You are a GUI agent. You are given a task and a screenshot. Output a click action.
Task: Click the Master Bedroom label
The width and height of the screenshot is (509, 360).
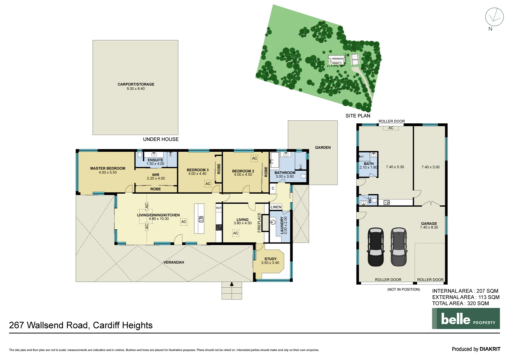108,168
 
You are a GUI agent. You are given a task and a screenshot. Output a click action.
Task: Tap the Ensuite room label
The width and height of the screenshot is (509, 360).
155,160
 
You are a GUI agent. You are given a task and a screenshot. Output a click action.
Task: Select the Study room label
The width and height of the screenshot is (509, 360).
270,259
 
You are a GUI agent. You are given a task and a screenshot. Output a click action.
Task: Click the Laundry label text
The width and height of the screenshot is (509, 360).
282,225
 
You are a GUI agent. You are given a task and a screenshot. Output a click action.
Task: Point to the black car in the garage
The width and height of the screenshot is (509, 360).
375,247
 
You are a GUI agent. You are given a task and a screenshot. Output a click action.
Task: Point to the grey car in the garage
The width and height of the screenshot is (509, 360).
398,247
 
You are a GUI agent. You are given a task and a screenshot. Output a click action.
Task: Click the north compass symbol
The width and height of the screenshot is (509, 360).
494,17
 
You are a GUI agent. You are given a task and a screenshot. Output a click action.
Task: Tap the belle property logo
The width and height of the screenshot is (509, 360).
466,319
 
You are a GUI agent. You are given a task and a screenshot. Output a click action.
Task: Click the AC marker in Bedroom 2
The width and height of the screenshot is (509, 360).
254,158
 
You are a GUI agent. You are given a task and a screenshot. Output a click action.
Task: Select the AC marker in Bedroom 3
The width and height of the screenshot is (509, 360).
208,184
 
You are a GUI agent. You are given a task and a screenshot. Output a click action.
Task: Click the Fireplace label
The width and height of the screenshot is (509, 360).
259,222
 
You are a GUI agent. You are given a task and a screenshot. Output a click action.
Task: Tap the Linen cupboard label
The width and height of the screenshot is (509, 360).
276,207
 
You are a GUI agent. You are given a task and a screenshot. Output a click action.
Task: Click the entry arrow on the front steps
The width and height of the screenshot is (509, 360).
232,284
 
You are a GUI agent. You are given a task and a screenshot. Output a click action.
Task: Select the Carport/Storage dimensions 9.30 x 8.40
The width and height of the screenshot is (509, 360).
136,89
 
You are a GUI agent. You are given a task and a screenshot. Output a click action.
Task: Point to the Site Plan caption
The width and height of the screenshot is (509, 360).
358,116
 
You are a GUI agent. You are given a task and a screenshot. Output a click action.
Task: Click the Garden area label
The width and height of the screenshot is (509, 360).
323,147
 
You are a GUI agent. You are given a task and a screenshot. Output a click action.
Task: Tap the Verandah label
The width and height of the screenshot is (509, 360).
174,262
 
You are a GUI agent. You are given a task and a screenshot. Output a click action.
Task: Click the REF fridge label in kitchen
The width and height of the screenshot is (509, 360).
219,208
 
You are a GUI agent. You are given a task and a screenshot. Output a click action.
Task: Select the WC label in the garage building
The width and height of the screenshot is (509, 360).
369,200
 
